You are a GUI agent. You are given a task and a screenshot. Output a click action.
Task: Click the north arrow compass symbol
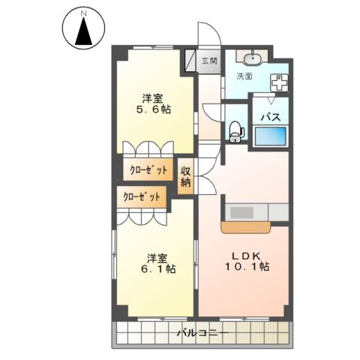(85, 32)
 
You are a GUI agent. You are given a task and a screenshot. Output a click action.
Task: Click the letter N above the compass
(85, 13)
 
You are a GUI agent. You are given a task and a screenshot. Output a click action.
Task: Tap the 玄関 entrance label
(209, 61)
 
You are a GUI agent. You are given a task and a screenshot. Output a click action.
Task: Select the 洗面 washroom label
(244, 76)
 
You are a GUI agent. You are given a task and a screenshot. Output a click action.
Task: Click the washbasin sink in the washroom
(253, 58)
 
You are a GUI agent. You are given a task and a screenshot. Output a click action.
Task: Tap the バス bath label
(270, 118)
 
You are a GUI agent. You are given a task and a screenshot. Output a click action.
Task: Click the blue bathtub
(270, 136)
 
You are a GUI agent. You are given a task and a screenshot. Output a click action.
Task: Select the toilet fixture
(235, 131)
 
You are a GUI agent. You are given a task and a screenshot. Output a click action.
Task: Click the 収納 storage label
(185, 176)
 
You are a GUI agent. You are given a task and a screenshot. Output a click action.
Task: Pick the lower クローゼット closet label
(142, 196)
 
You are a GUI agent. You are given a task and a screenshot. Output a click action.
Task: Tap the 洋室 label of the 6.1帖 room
(155, 256)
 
